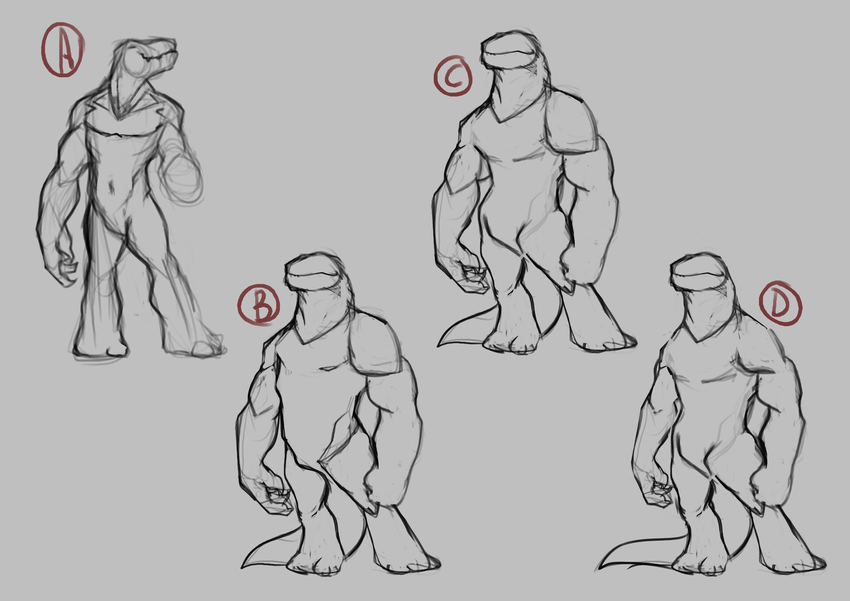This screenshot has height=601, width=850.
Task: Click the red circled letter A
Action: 62,50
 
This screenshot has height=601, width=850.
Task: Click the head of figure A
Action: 146,58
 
